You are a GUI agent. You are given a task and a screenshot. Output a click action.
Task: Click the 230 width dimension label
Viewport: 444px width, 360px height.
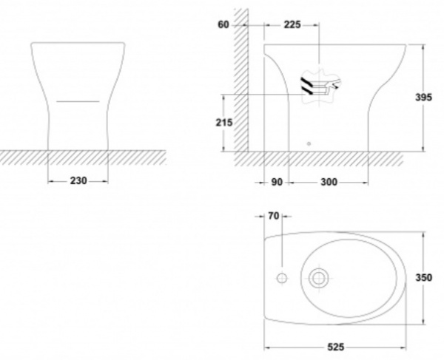(78, 180)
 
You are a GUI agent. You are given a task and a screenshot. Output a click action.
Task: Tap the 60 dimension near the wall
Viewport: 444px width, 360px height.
(223, 25)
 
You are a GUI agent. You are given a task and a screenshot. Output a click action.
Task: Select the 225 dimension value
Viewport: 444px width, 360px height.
(292, 25)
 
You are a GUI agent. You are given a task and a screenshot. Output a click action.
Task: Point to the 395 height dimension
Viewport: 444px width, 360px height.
(423, 98)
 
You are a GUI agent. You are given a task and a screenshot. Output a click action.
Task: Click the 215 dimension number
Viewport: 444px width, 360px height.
(224, 123)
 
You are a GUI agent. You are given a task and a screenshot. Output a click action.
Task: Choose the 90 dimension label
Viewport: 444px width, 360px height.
(277, 182)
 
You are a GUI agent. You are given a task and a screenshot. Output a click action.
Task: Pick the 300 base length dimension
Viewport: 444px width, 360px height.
(329, 182)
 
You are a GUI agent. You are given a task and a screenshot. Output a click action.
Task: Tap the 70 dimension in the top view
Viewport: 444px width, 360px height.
(274, 216)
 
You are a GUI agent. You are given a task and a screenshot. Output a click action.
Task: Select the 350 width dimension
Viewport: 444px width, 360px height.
(424, 278)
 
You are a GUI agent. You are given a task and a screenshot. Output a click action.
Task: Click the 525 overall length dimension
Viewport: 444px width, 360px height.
(336, 347)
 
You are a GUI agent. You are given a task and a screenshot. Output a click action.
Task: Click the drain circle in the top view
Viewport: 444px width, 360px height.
(319, 278)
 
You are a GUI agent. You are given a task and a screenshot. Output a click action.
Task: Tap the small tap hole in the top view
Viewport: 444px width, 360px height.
(282, 278)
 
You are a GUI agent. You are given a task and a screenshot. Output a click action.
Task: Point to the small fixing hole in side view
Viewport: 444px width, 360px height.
(309, 143)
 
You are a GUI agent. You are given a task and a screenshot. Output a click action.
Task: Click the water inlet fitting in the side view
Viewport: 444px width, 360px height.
(321, 86)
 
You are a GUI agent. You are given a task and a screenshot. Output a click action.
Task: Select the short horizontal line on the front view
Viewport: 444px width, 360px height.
(78, 101)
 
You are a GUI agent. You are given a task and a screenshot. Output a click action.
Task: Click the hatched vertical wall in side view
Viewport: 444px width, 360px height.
(241, 80)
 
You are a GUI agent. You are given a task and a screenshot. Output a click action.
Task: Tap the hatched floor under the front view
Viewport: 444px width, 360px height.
(83, 157)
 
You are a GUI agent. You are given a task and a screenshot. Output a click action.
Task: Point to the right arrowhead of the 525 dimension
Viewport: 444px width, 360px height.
(403, 347)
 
